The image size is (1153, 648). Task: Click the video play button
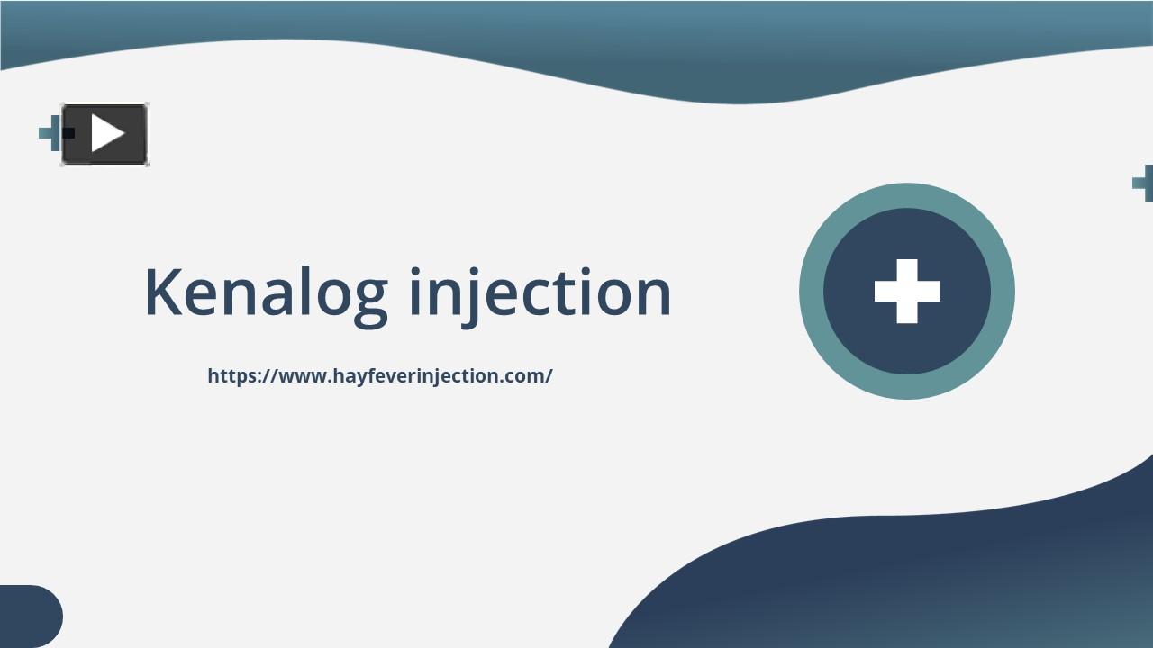click(x=104, y=135)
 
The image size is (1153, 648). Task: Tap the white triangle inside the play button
click(x=107, y=134)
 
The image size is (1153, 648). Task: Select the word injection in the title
click(x=540, y=292)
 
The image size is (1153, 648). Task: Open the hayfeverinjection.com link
click(x=379, y=376)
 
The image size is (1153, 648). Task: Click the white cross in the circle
click(x=907, y=291)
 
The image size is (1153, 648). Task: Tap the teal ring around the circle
click(x=811, y=291)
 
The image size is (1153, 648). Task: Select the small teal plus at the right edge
click(x=1143, y=183)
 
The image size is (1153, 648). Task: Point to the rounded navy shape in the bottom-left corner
click(x=29, y=616)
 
